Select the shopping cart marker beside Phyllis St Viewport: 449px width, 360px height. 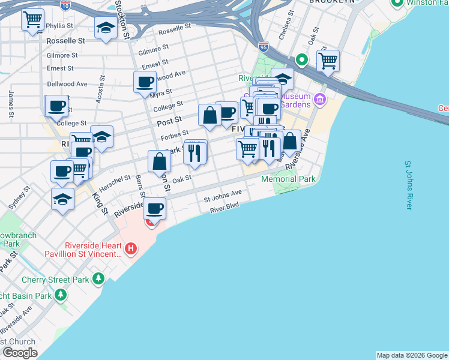(x=32, y=20)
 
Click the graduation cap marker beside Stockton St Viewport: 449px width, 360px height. (x=106, y=28)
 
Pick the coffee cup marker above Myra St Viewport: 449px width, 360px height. (x=145, y=82)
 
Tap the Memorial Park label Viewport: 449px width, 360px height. (x=288, y=179)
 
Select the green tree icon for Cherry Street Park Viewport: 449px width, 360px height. (x=98, y=279)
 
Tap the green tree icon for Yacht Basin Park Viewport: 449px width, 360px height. (x=61, y=295)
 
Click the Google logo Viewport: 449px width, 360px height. (x=19, y=353)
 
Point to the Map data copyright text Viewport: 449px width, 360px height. (x=411, y=355)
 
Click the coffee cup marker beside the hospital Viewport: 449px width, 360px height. (x=155, y=208)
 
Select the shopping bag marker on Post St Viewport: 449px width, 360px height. (x=209, y=115)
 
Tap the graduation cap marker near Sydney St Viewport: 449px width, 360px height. (x=62, y=199)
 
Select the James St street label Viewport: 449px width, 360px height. (x=11, y=103)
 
